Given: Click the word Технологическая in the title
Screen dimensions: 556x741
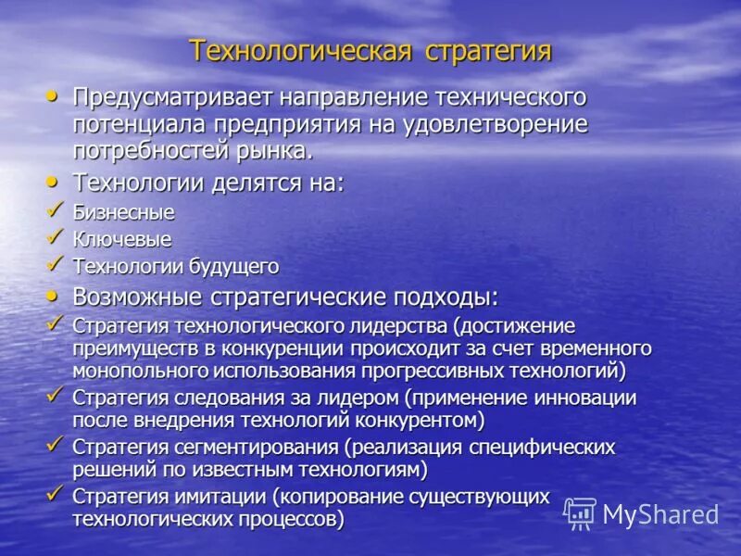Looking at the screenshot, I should click(x=300, y=50).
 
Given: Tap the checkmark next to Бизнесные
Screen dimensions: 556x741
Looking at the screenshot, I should click(x=56, y=209).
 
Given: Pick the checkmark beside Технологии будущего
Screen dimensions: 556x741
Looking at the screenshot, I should click(x=56, y=264).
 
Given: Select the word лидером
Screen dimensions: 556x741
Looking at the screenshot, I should click(x=360, y=398).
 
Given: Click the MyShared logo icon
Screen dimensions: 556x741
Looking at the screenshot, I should click(x=580, y=513).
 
